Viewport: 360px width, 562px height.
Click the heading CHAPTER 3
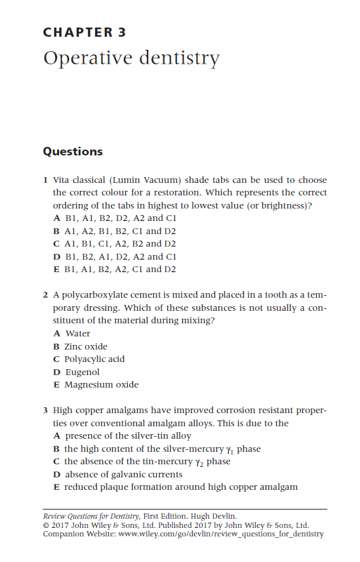click(84, 32)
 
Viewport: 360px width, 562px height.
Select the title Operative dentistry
click(131, 58)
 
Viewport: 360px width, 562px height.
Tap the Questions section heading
click(73, 151)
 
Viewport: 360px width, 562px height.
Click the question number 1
click(45, 180)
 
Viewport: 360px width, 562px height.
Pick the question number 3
click(45, 411)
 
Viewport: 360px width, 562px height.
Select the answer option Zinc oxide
click(85, 346)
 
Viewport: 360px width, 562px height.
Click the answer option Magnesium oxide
click(101, 385)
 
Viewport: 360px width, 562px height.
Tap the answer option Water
click(78, 334)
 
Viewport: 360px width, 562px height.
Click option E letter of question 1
click(56, 270)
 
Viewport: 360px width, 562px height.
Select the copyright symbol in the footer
click(45, 525)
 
